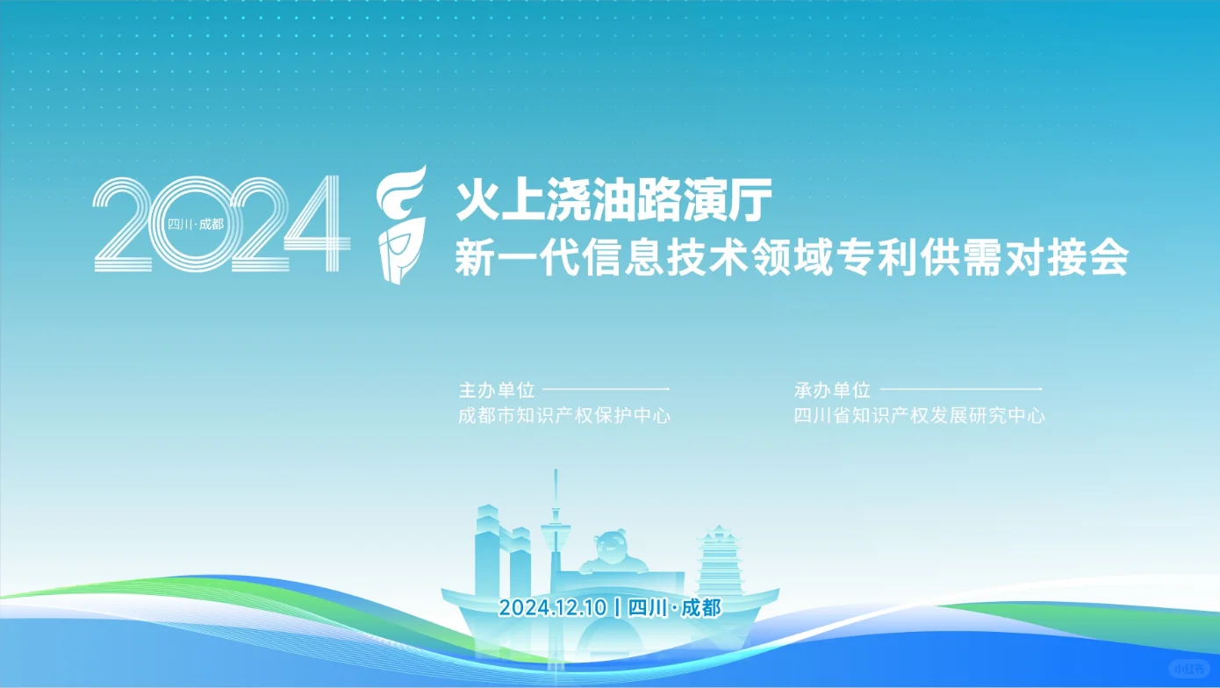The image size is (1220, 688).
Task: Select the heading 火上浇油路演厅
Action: pos(613,199)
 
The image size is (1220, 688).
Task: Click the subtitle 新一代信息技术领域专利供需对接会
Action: pos(790,259)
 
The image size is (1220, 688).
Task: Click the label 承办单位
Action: pos(832,390)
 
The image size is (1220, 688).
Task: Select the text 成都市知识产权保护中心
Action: pos(564,416)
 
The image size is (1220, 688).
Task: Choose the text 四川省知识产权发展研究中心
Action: pos(919,416)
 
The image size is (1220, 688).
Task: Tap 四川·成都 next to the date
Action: pos(675,607)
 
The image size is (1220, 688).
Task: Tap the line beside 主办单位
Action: pos(606,389)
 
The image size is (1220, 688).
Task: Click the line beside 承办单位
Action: pos(960,389)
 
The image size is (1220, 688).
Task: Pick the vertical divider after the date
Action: pos(620,607)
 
